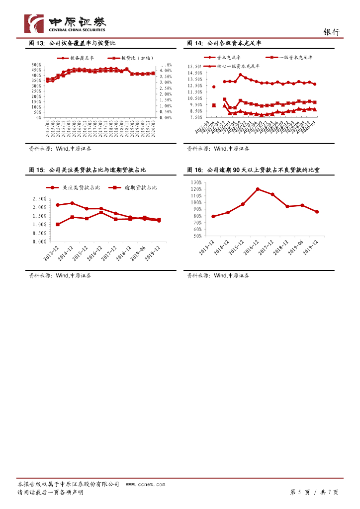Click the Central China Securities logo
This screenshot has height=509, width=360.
tap(65, 23)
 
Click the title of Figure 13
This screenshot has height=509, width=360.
tap(72, 44)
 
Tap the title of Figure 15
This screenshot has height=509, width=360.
tap(88, 170)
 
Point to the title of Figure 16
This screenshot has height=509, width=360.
tap(253, 170)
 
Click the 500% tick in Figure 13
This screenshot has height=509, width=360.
tap(37, 65)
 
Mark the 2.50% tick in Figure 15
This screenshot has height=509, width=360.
tap(39, 199)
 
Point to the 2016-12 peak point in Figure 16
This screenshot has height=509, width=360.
tap(258, 189)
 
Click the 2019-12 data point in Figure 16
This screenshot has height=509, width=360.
tap(317, 212)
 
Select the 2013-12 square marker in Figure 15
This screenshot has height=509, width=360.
tap(58, 224)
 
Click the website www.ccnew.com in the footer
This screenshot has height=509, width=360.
tap(145, 484)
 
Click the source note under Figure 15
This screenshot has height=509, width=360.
tap(60, 275)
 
